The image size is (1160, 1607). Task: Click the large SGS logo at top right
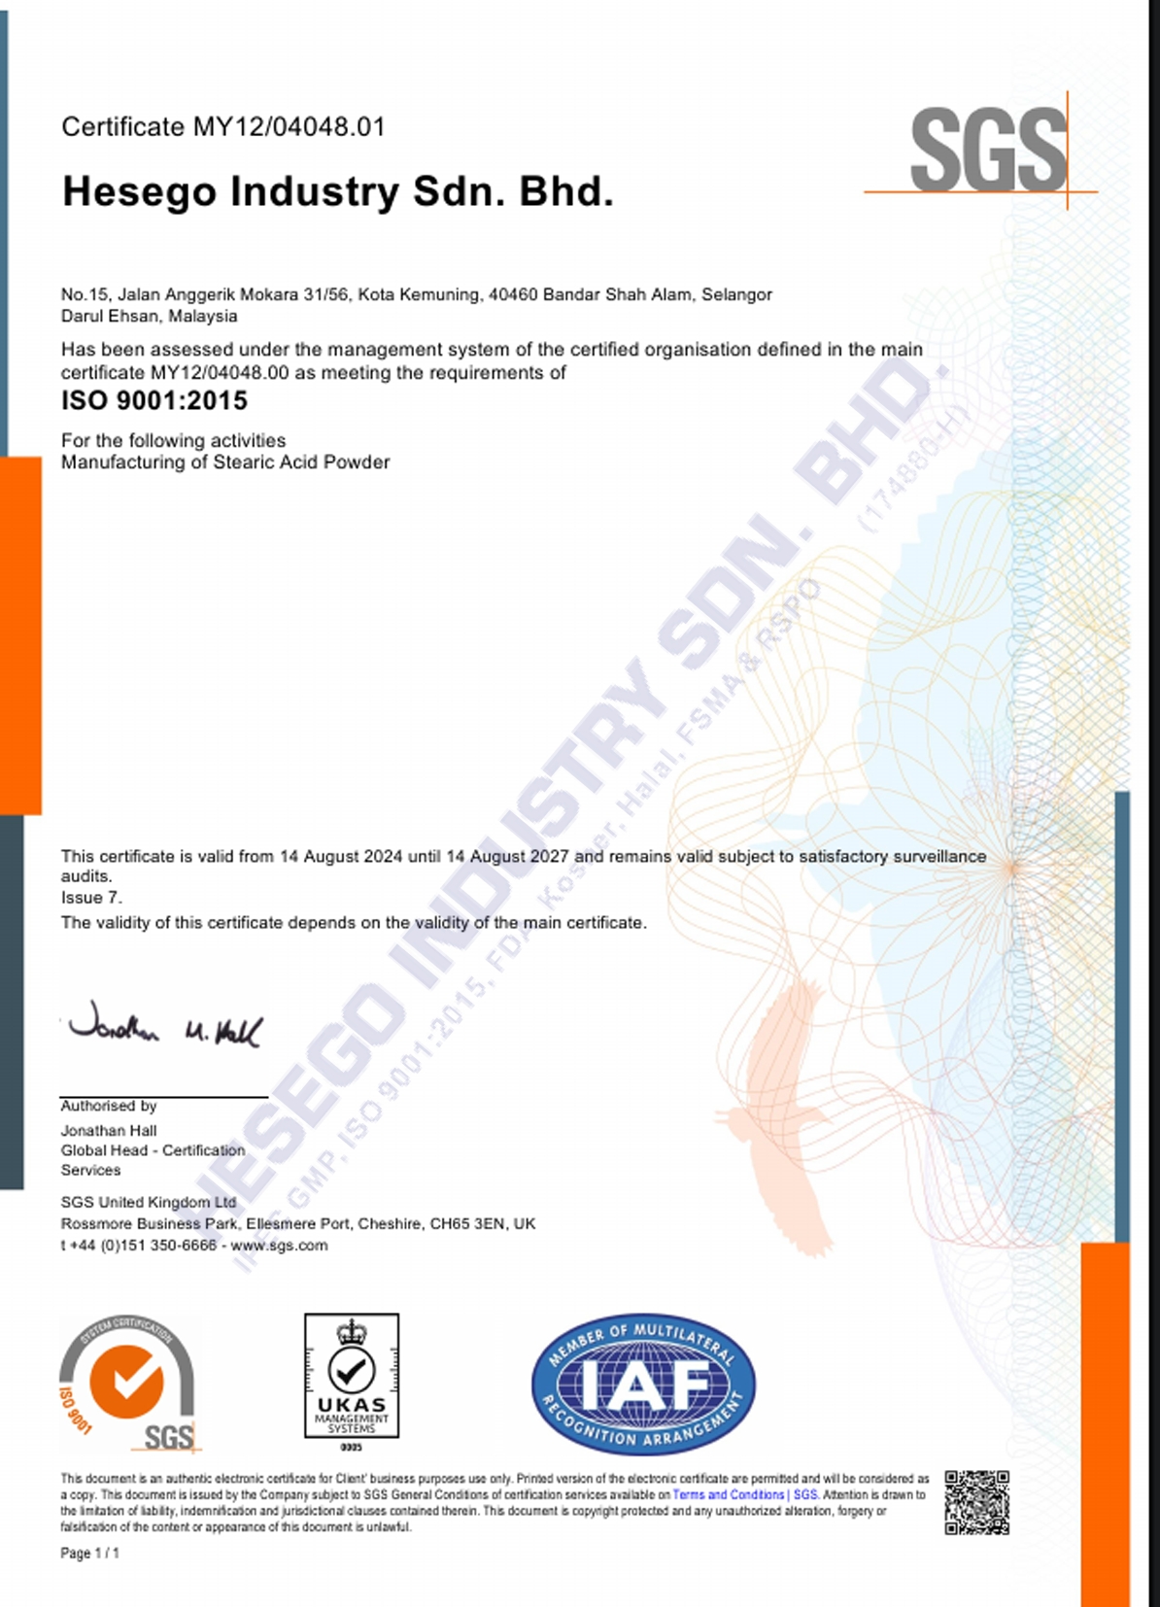[988, 151]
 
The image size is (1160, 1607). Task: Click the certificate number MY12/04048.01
[289, 127]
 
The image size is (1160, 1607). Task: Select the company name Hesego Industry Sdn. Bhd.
[337, 191]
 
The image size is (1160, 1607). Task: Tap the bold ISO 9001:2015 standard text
[154, 400]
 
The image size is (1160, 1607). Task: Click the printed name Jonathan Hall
[109, 1131]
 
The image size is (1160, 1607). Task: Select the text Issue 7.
[91, 898]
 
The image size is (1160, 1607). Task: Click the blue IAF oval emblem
[643, 1384]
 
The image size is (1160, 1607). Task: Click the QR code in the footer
[976, 1502]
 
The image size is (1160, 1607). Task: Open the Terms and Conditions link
[728, 1494]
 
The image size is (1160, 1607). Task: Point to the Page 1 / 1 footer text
[89, 1554]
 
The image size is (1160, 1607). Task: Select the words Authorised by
[109, 1106]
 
